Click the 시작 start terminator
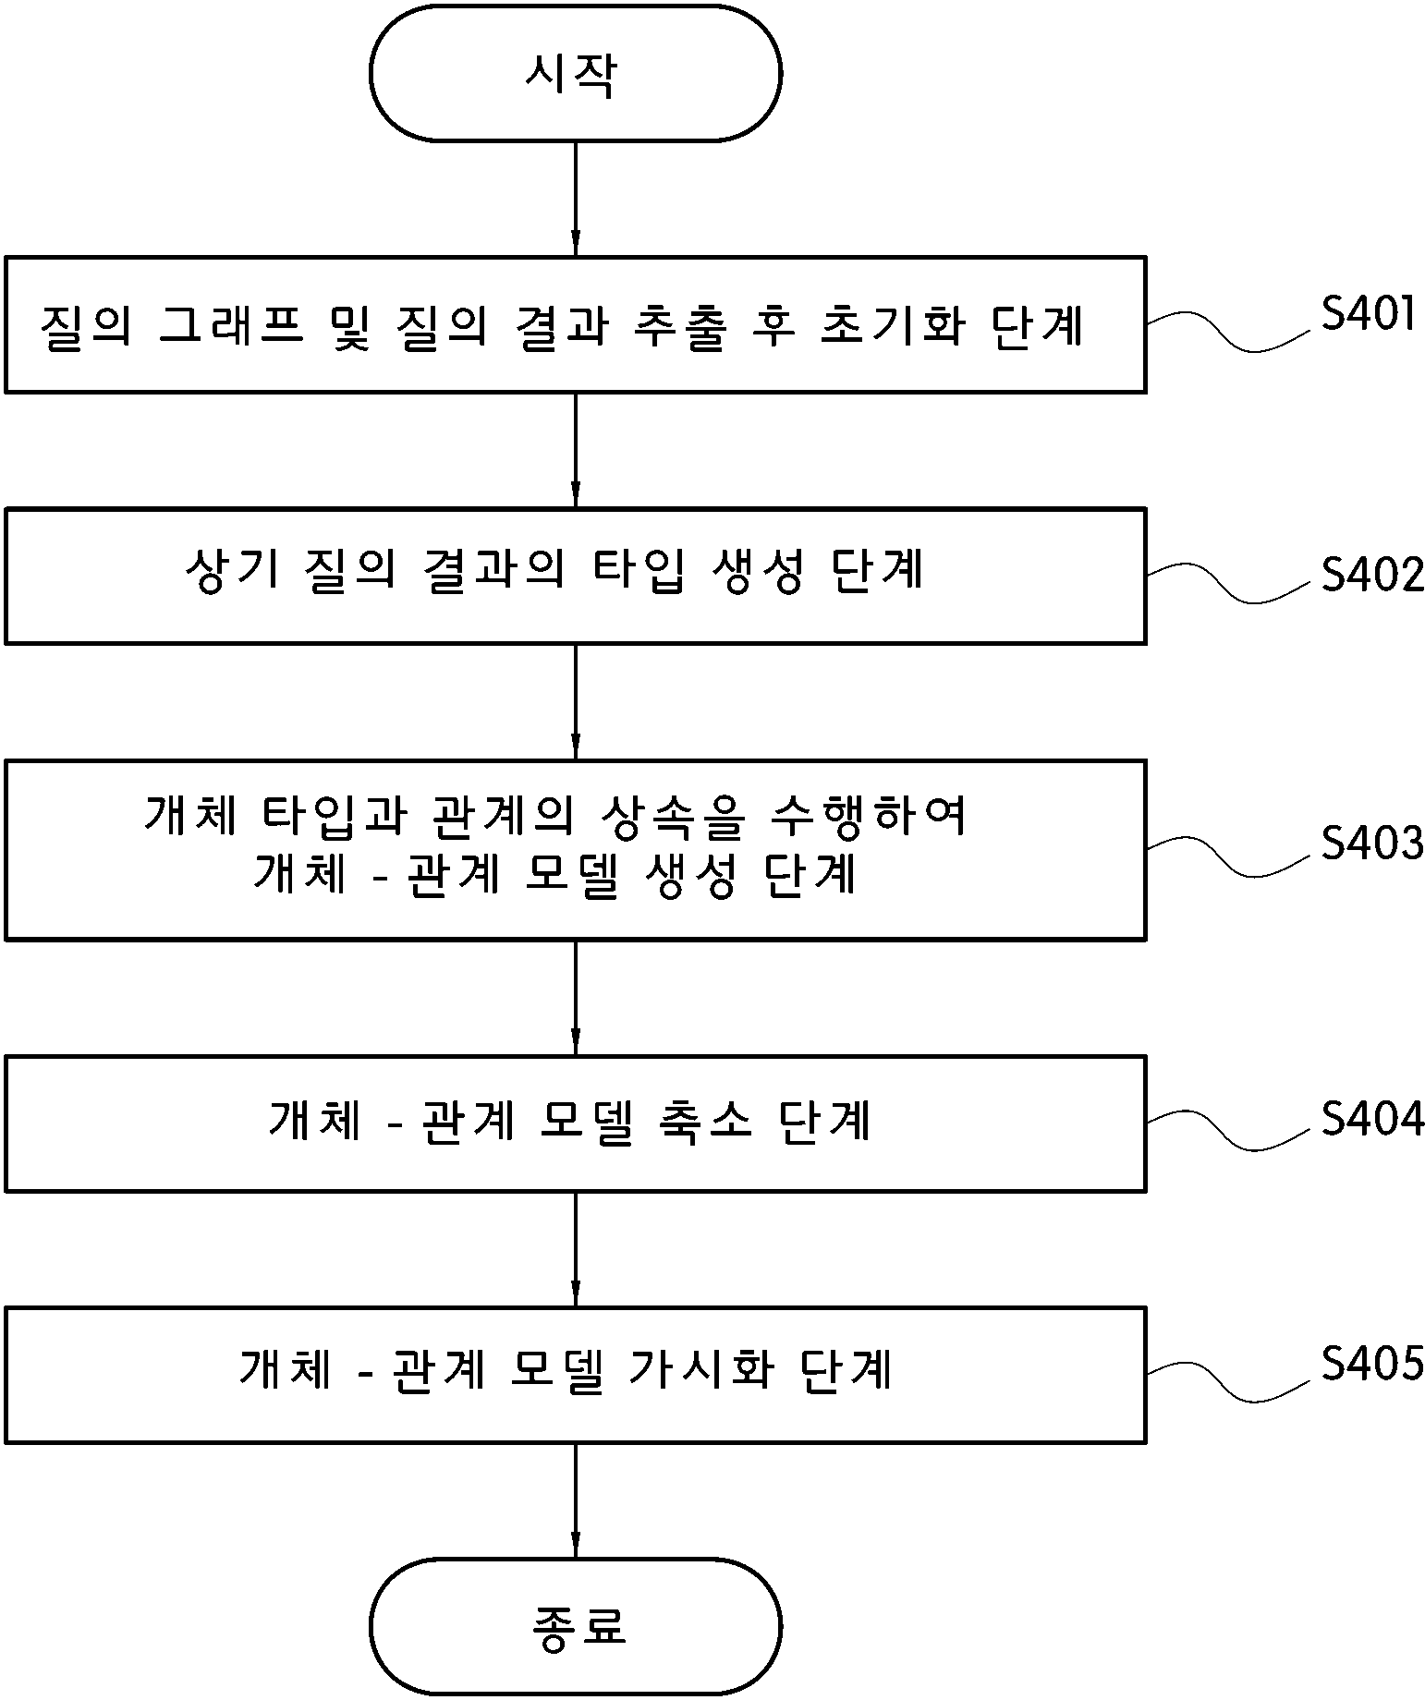(576, 73)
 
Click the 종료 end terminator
(576, 1627)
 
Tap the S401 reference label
(1369, 314)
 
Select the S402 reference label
(1372, 575)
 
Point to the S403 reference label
(1372, 843)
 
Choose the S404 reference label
(1372, 1119)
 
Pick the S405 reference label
(1372, 1363)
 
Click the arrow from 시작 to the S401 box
(576, 199)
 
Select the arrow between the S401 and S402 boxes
(576, 450)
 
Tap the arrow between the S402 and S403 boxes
(576, 701)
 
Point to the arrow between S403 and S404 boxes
(576, 998)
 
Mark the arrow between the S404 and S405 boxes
(576, 1249)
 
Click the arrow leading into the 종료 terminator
(576, 1501)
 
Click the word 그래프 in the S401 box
(231, 325)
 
